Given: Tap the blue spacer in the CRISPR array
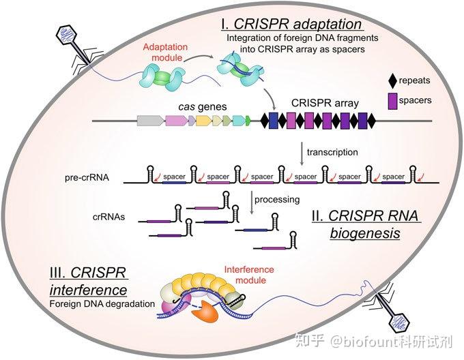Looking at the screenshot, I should pos(274,121).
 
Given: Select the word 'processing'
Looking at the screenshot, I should pos(276,200).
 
